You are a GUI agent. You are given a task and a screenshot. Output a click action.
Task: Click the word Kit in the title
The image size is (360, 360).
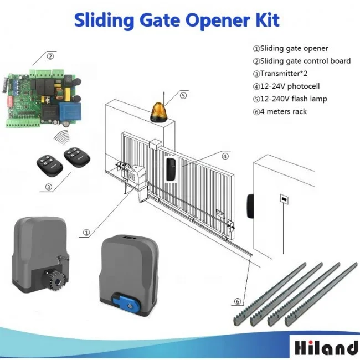tap(268, 20)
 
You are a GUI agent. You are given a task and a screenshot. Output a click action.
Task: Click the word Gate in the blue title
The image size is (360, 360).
tap(160, 20)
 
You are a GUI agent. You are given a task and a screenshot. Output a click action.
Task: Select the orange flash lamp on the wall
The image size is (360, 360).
tap(159, 111)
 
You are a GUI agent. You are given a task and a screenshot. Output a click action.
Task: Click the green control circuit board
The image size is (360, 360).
tap(42, 98)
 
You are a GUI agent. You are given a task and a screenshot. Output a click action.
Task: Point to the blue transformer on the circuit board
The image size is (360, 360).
tap(70, 111)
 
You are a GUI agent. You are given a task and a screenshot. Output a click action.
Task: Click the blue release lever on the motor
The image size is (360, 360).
tap(126, 302)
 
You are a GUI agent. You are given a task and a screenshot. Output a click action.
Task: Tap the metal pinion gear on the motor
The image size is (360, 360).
tap(54, 279)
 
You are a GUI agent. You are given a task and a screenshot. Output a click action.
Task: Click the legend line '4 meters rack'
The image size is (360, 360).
tap(280, 111)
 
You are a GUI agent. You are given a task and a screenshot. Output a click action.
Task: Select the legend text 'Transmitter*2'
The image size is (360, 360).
tap(280, 74)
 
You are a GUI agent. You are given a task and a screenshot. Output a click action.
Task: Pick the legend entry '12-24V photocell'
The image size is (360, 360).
tap(286, 86)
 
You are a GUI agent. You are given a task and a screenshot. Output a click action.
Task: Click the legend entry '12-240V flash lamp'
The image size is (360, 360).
tap(290, 99)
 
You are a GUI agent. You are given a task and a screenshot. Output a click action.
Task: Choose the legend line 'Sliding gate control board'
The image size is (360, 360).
tap(302, 61)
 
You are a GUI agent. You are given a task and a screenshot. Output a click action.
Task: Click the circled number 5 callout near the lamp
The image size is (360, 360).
tap(183, 95)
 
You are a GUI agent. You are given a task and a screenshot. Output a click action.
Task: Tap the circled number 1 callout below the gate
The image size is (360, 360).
tap(86, 233)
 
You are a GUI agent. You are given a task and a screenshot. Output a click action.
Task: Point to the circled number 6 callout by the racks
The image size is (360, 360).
tap(238, 301)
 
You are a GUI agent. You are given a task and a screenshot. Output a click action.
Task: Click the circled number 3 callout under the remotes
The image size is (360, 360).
tap(48, 187)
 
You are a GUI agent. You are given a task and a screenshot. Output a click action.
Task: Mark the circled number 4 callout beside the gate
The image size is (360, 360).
tap(225, 156)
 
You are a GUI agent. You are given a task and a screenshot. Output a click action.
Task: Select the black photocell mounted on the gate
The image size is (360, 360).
tap(171, 169)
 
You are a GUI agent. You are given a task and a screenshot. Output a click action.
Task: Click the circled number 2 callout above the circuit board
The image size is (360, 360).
tap(50, 56)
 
